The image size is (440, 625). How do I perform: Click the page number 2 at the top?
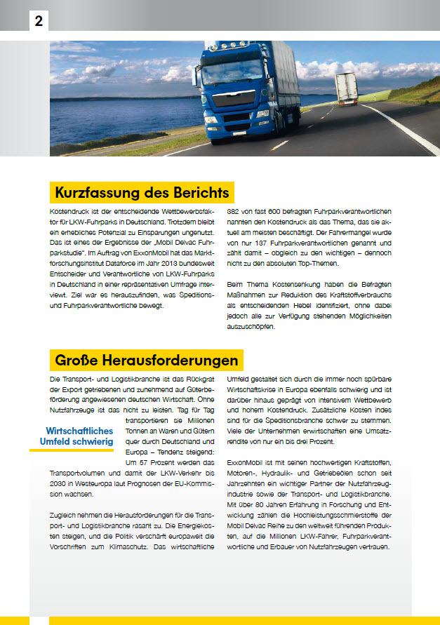[x=38, y=21]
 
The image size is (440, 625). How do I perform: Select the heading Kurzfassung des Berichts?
[x=140, y=193]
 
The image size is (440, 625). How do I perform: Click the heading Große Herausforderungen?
[x=147, y=361]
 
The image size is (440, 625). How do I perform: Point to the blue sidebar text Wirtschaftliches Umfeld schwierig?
[x=79, y=436]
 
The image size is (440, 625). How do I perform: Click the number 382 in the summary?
[x=236, y=211]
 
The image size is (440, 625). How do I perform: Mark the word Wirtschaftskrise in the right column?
[x=260, y=391]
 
